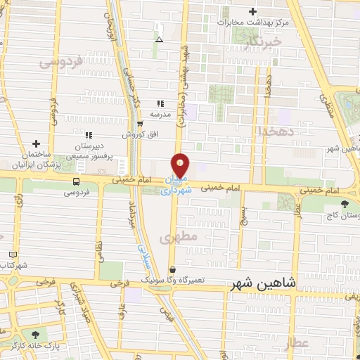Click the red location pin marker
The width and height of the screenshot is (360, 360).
point(181,166)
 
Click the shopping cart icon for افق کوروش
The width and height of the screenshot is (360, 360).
point(140,123)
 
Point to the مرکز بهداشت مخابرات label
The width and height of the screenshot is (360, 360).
point(252,22)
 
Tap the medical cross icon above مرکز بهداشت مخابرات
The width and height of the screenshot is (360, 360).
point(252,11)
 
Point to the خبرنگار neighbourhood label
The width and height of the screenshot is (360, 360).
point(264,42)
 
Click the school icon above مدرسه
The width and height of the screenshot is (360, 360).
point(160,103)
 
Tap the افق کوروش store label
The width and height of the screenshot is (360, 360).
point(139,134)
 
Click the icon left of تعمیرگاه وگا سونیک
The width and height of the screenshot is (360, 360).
point(172,269)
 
